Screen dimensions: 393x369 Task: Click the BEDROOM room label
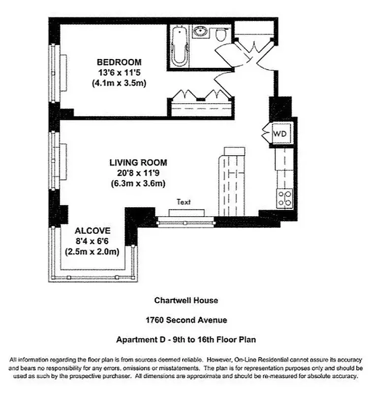click(x=119, y=62)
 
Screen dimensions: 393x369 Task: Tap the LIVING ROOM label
click(x=138, y=163)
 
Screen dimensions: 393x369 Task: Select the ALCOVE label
click(x=92, y=231)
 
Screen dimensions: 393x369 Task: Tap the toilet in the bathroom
click(x=220, y=34)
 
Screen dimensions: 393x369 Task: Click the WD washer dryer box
click(x=280, y=133)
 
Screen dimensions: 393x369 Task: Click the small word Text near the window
click(x=183, y=202)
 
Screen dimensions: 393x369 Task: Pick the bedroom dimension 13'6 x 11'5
click(x=119, y=73)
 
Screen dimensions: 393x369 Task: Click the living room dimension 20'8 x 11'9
click(x=138, y=173)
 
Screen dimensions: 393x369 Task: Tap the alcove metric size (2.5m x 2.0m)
click(x=92, y=252)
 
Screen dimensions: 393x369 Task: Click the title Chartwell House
click(x=186, y=300)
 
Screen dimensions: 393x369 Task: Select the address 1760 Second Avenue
click(x=186, y=320)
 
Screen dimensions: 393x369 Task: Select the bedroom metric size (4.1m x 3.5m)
click(x=119, y=83)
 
